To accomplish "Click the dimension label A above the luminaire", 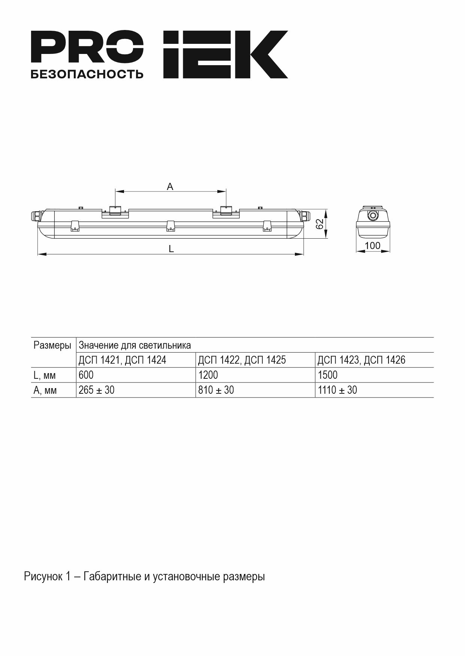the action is [x=170, y=186].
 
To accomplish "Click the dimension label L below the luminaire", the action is [x=171, y=249].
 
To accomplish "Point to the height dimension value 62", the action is [x=320, y=224].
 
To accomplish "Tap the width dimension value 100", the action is [x=372, y=245].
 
